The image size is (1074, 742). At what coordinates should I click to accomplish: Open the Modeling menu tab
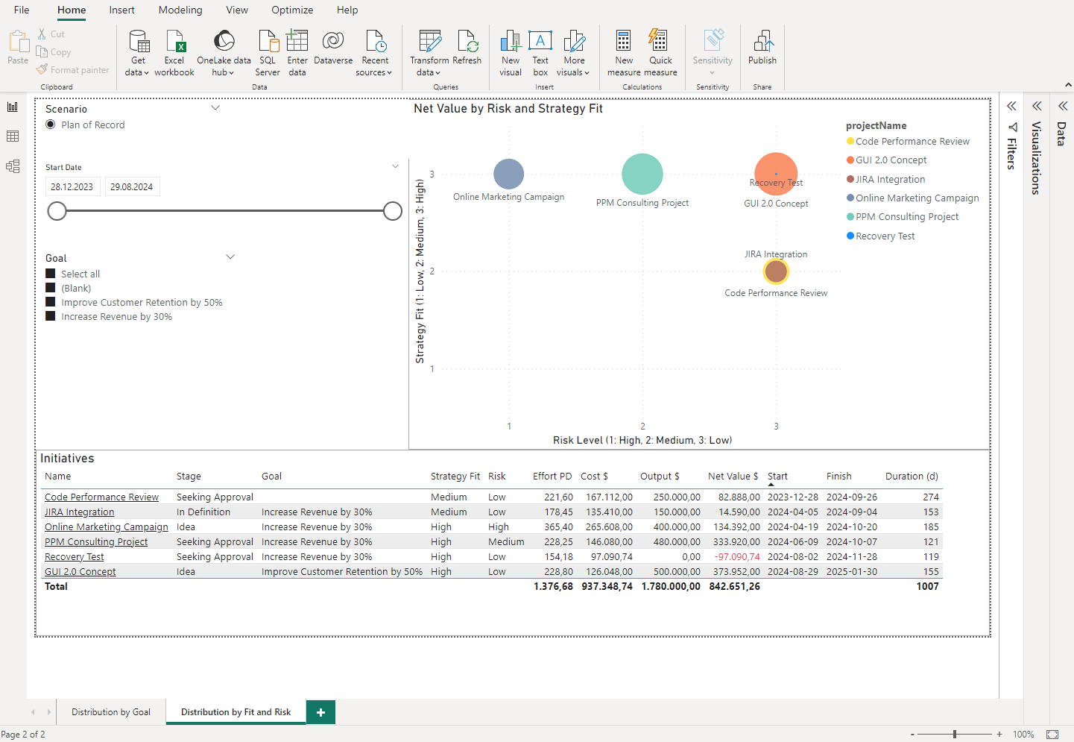coord(180,10)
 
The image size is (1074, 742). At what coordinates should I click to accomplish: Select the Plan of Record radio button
coord(51,125)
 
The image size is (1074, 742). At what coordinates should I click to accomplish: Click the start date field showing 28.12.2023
coord(72,187)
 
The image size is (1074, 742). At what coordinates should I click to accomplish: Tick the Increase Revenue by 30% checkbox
coord(51,316)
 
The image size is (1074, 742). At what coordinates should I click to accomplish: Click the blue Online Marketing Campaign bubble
coord(508,174)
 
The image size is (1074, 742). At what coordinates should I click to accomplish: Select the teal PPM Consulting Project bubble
coord(642,174)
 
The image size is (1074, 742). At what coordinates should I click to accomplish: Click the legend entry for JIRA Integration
coord(890,180)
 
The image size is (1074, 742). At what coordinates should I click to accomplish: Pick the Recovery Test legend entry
coord(885,236)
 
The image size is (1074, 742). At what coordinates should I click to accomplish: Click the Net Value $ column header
coord(732,477)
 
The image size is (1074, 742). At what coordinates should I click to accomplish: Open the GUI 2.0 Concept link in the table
coord(80,572)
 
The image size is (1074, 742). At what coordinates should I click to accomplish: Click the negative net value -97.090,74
coord(737,557)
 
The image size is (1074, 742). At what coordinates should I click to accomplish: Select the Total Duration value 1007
coord(927,587)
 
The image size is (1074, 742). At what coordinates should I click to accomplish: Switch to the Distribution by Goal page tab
coord(111,712)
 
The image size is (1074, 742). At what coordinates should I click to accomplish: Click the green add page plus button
coord(320,712)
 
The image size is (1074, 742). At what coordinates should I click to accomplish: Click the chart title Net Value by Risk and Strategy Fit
coord(508,109)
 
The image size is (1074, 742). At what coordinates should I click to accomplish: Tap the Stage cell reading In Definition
coord(203,512)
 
